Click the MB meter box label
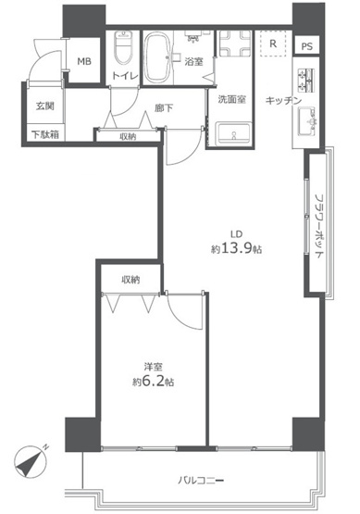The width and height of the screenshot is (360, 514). tap(84, 62)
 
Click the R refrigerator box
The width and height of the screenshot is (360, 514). tap(273, 43)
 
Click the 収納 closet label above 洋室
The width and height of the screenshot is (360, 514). tap(130, 279)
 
